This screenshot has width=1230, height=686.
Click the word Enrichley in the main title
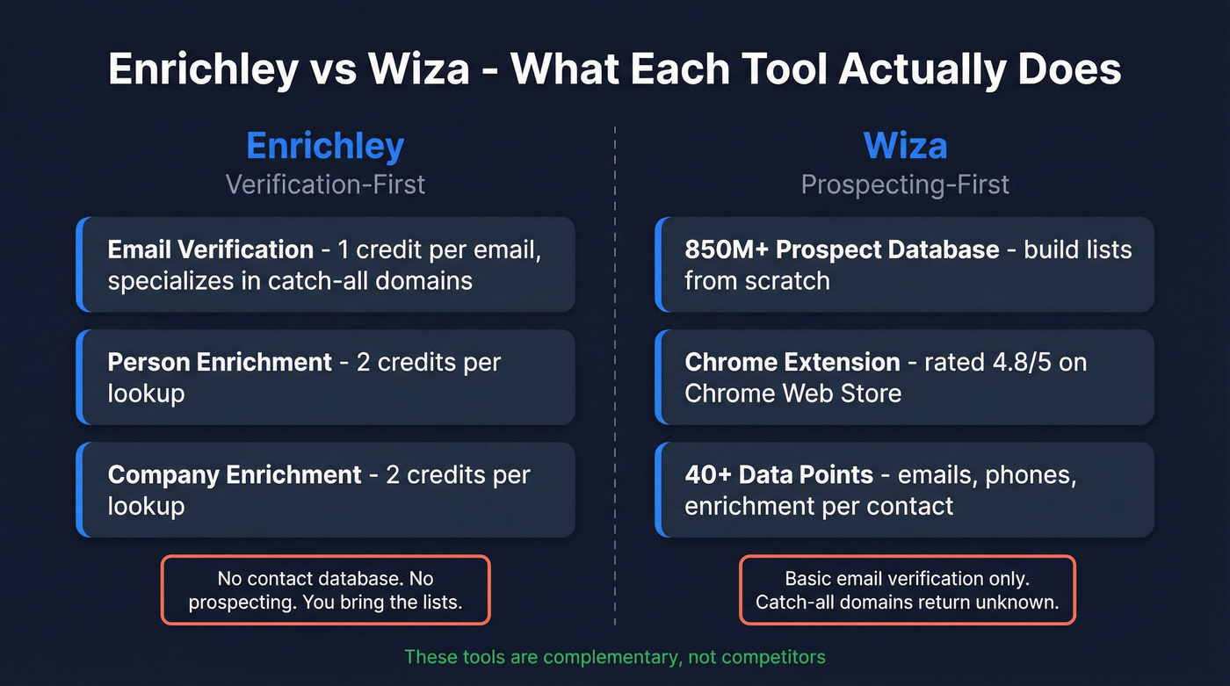click(202, 69)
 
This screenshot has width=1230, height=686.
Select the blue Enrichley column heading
click(325, 145)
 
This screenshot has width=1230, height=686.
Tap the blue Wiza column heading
click(905, 145)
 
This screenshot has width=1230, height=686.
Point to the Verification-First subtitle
click(325, 184)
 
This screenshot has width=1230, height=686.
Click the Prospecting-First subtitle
click(905, 184)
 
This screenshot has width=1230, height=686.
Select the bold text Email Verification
click(211, 249)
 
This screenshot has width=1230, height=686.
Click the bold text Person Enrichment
click(220, 362)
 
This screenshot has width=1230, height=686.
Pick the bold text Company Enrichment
click(235, 474)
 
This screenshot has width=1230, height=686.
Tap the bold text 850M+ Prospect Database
click(842, 249)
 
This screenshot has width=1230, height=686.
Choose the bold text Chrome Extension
click(792, 362)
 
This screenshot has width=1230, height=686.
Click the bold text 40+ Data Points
click(778, 474)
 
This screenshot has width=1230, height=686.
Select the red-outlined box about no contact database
click(325, 590)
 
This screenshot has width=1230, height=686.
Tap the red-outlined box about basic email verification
click(907, 590)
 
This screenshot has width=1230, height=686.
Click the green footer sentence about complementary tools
click(615, 656)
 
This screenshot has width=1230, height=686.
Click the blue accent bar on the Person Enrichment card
click(80, 377)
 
